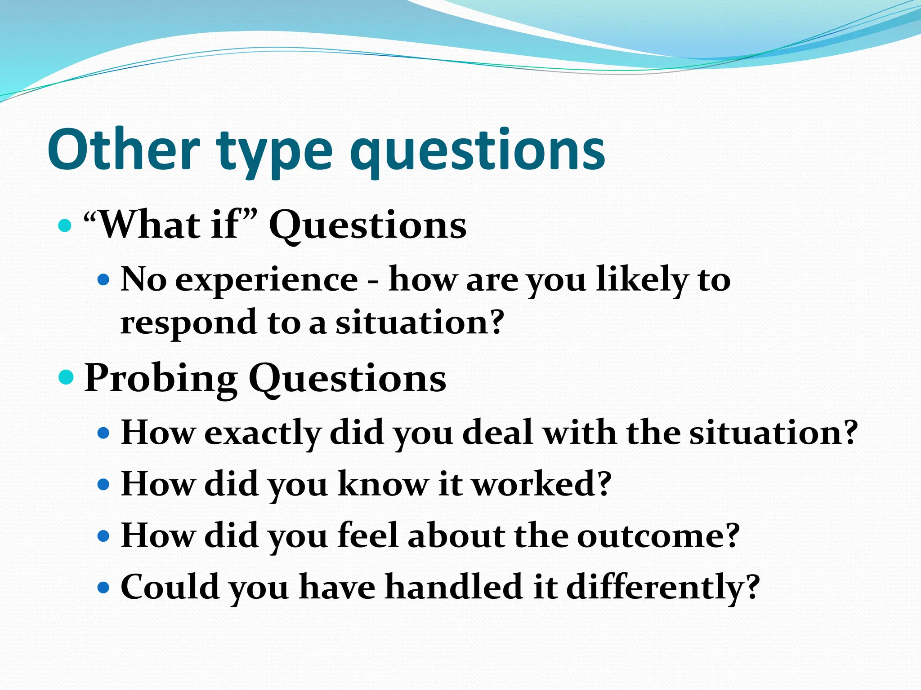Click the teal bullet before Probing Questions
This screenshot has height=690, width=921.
pyautogui.click(x=66, y=377)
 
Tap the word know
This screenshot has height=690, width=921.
pyautogui.click(x=383, y=484)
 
